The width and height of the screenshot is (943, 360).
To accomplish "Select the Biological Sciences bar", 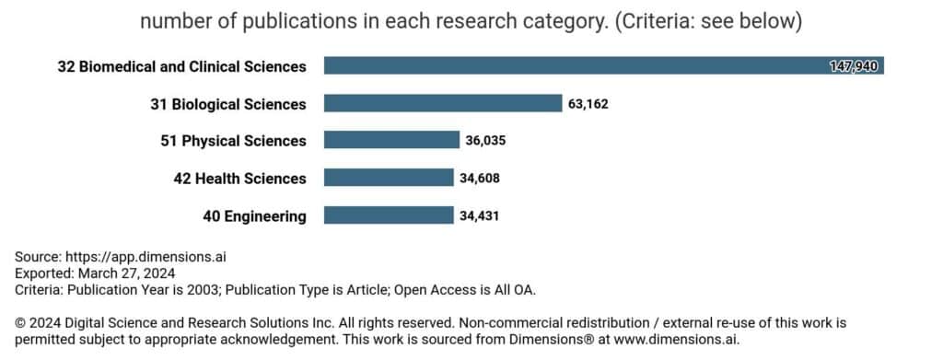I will (x=443, y=104).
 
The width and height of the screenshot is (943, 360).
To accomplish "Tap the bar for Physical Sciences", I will (x=391, y=141).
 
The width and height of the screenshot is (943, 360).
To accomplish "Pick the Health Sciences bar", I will (x=389, y=178).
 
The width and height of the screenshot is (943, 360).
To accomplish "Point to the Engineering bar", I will (x=388, y=215).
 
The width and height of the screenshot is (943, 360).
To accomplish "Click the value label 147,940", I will (x=854, y=66).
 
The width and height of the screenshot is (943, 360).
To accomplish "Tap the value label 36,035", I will (x=485, y=141).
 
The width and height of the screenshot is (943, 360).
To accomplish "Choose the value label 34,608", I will (x=480, y=178).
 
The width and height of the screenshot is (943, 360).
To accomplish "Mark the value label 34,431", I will (x=479, y=215).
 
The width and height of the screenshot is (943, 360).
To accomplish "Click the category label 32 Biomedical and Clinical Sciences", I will (x=181, y=66).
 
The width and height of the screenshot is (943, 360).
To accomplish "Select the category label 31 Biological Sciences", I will (x=227, y=104).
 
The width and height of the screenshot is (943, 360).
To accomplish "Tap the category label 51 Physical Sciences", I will (x=233, y=141).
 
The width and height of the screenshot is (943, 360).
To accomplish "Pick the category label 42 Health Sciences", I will (x=239, y=178).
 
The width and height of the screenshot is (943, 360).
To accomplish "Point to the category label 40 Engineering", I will (x=254, y=215).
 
